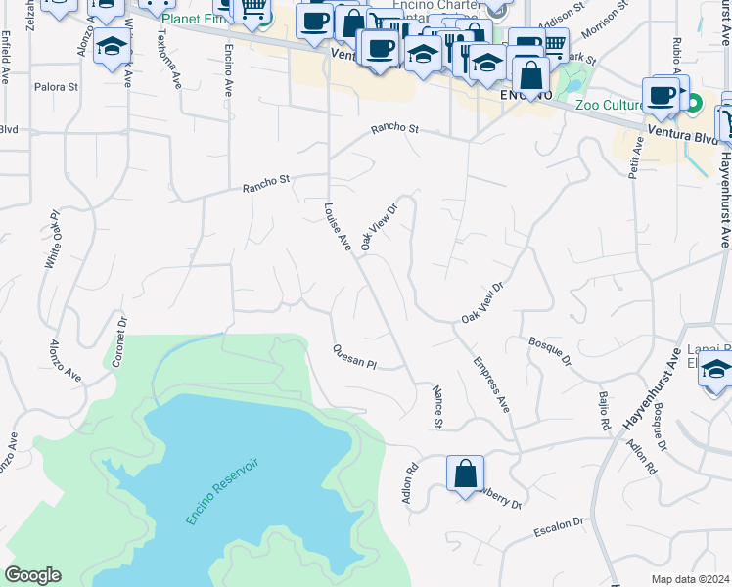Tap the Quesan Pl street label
(353, 357)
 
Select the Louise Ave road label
(338, 227)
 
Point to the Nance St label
(437, 406)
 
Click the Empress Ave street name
(491, 384)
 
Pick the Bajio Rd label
(604, 411)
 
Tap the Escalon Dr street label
(559, 528)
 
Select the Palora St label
(57, 87)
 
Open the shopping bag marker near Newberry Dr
(465, 474)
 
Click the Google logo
(33, 575)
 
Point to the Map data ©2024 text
(691, 579)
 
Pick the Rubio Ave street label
(675, 58)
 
